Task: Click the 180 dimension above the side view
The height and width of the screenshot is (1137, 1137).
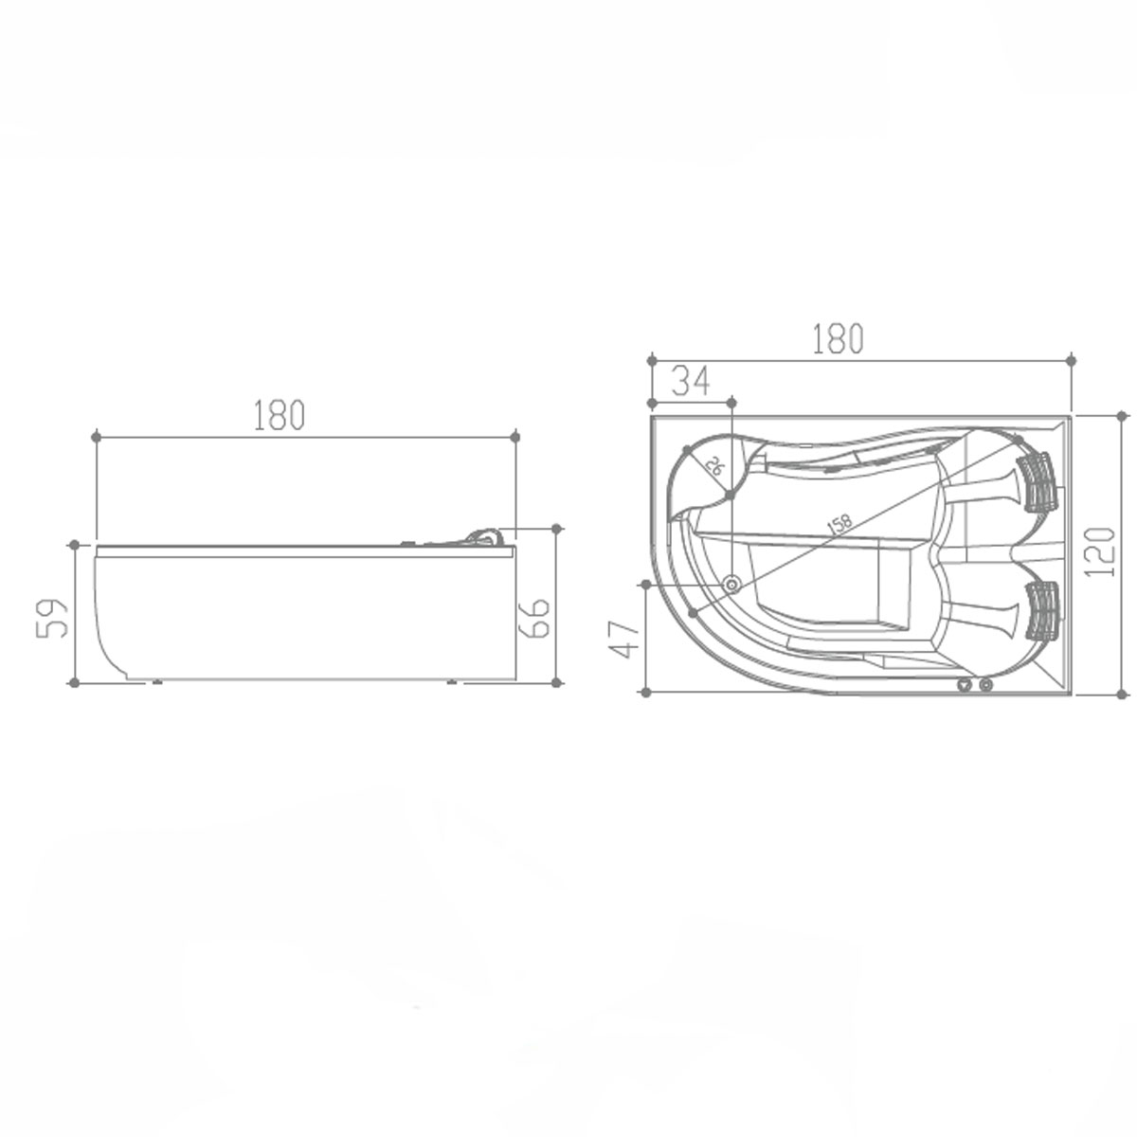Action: point(280,415)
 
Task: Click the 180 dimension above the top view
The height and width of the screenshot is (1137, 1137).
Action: point(838,338)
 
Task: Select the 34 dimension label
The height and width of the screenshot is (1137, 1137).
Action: point(691,381)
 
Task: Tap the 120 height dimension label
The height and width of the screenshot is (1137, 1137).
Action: point(1100,552)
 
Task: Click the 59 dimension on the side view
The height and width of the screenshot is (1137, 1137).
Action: point(52,618)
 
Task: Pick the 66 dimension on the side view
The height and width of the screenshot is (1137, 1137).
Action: point(534,618)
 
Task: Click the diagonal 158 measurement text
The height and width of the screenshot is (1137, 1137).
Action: point(839,524)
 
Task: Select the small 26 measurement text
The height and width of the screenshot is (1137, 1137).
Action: point(714,467)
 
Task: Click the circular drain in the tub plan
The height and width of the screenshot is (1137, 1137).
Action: point(732,584)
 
